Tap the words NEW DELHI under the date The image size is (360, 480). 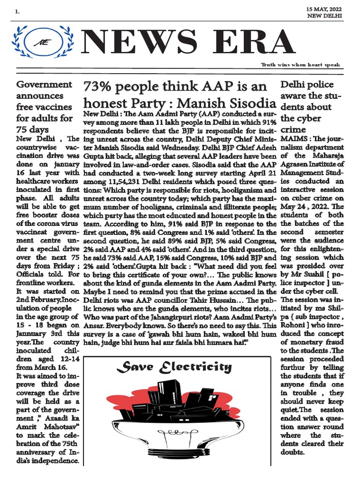(x=324, y=16)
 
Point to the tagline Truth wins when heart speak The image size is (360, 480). (x=300, y=65)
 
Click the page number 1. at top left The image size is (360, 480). (x=17, y=12)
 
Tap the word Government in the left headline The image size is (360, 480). (x=44, y=85)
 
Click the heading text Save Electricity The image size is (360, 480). (x=174, y=367)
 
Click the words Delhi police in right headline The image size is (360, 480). (x=307, y=85)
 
